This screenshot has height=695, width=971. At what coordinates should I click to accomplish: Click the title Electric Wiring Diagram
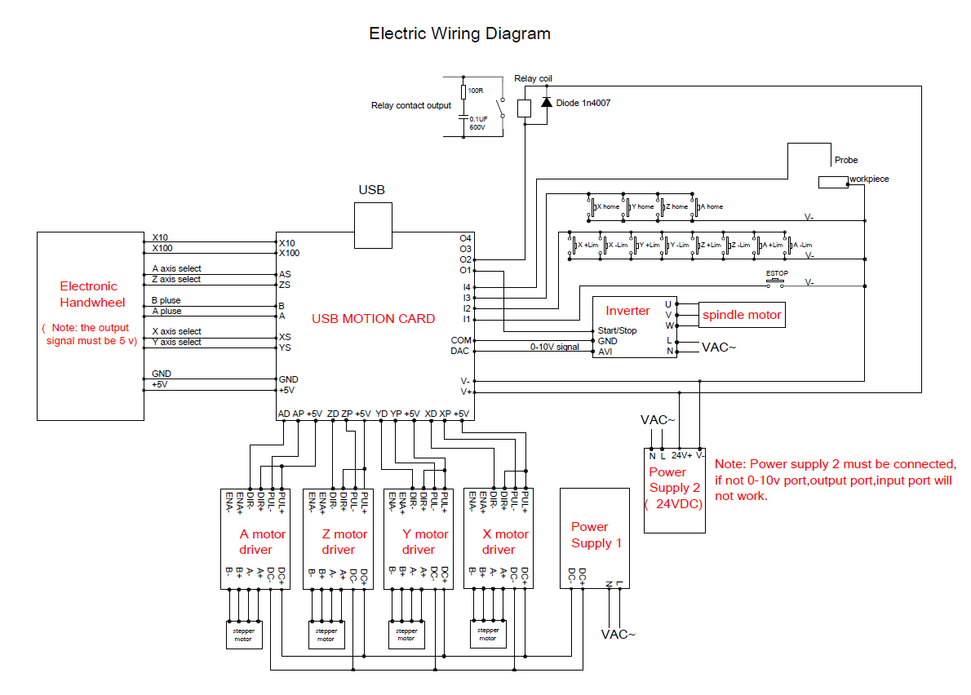[459, 33]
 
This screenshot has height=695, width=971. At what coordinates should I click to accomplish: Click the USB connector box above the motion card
[374, 225]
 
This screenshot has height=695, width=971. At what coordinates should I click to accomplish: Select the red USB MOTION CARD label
[373, 319]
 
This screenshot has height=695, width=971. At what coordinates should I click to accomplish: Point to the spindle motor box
[742, 315]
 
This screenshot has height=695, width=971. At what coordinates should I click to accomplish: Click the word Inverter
[627, 311]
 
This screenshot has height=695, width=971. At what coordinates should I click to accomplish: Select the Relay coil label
[533, 78]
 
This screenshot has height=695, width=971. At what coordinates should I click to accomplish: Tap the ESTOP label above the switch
[777, 272]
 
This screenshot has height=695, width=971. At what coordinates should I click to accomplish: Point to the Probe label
[846, 160]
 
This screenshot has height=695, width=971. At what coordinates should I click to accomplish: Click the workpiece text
[869, 179]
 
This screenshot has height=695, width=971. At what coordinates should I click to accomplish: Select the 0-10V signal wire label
[555, 347]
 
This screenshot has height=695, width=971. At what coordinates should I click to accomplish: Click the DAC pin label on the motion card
[460, 351]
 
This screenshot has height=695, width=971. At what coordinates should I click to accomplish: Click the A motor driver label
[262, 542]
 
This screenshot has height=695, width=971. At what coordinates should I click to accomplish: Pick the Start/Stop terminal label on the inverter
[618, 330]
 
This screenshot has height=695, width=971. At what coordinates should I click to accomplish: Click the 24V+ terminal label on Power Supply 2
[681, 455]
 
